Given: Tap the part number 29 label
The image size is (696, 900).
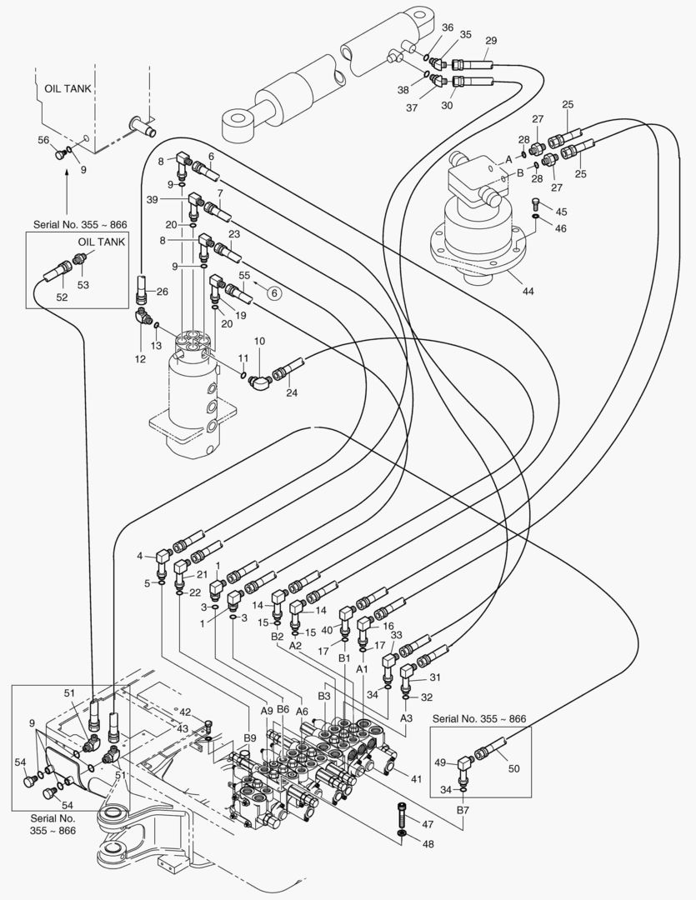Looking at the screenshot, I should tap(491, 41).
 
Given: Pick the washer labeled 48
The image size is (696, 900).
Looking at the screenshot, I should tap(403, 832).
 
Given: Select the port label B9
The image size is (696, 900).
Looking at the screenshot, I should tap(250, 737).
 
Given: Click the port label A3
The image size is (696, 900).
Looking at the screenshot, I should tap(406, 717).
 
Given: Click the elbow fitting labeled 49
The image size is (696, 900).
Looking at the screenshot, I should tap(463, 763).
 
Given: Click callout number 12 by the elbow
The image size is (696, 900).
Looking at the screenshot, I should tap(140, 359).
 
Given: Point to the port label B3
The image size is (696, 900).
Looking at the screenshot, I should tap(324, 696).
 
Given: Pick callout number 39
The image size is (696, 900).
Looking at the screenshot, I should tap(152, 200).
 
